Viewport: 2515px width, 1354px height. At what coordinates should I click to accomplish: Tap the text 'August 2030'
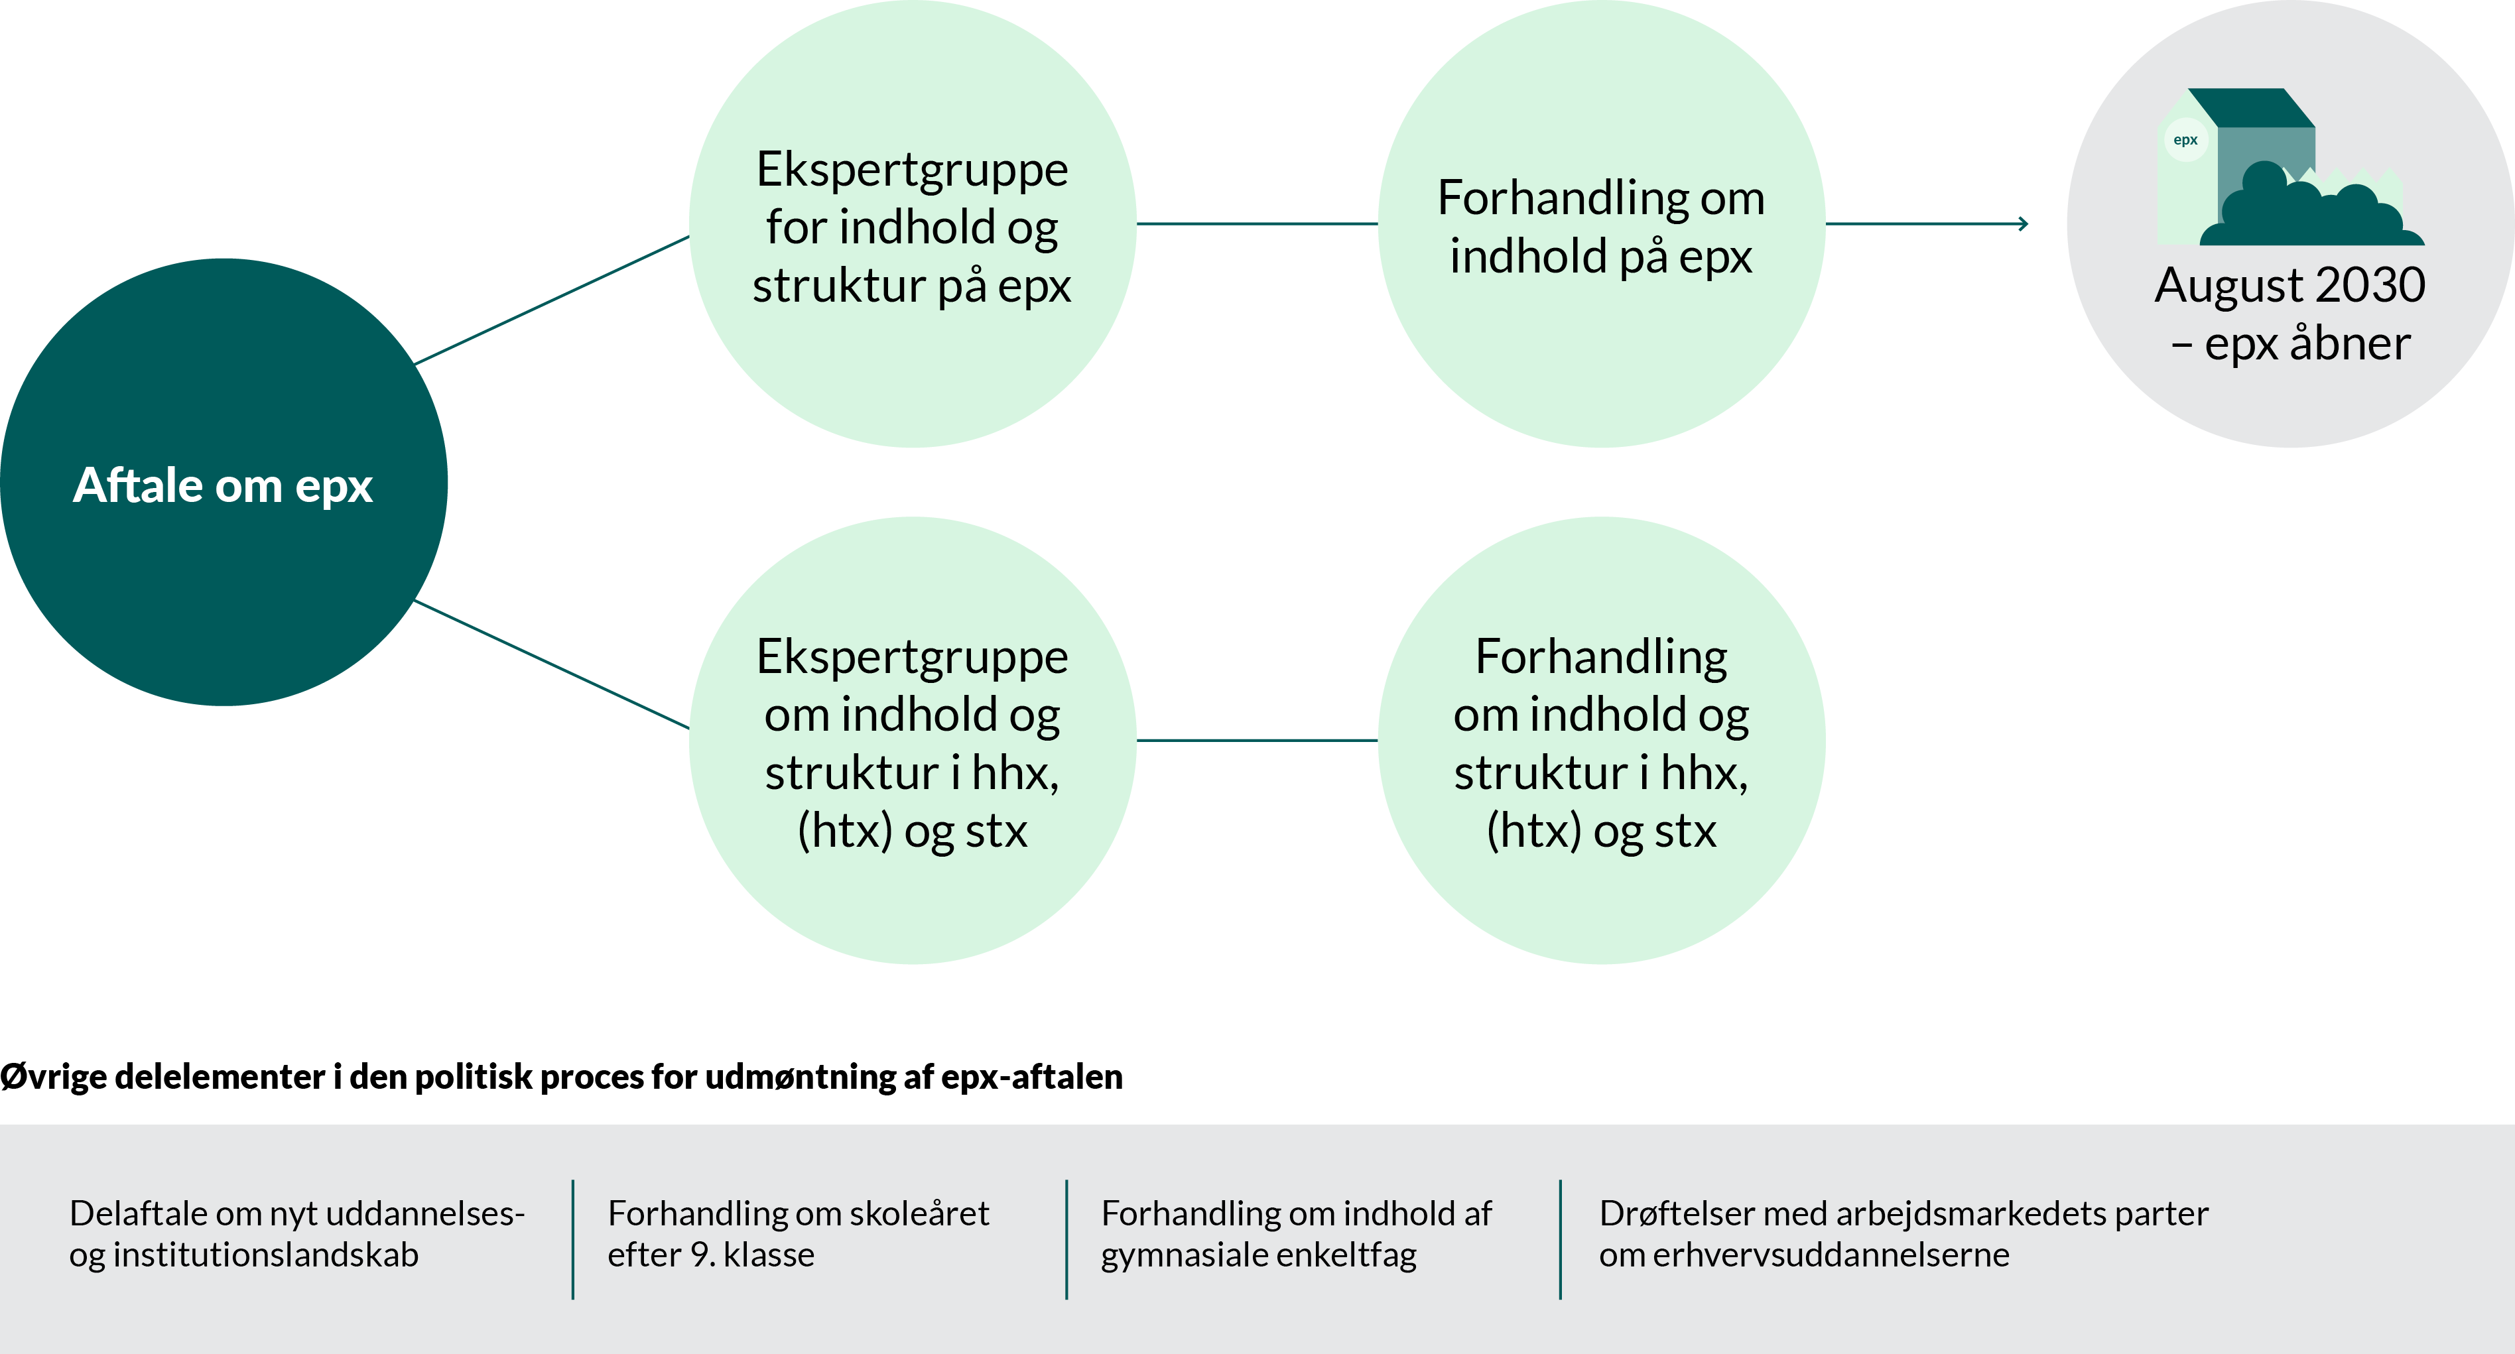2289,285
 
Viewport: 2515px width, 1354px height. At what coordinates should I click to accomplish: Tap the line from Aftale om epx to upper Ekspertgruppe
552,300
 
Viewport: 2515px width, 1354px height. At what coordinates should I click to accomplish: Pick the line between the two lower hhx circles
1257,740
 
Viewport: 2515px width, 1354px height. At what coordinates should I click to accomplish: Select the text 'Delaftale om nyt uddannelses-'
297,1213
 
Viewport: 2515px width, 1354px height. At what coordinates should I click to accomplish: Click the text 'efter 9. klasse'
711,1255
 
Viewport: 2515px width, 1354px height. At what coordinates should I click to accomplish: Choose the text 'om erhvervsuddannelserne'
1804,1255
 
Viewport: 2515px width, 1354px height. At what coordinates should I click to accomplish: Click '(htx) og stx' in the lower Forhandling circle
1601,831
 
